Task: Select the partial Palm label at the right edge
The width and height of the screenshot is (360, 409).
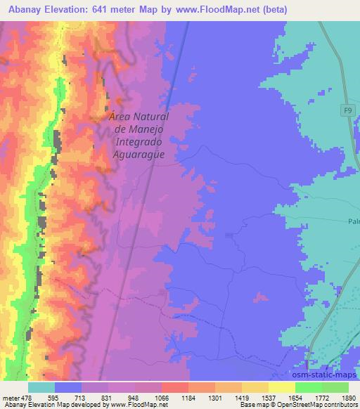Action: tap(353, 222)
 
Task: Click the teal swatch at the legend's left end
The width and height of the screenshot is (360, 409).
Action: tap(41, 387)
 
